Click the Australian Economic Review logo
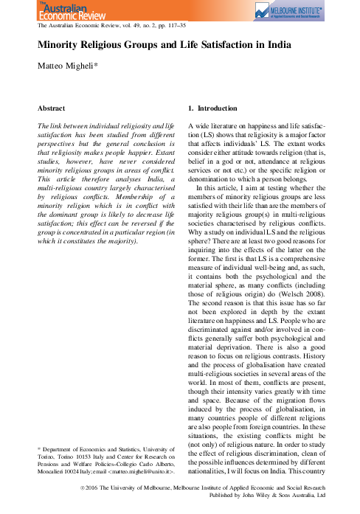[62, 11]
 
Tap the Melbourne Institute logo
[295, 12]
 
